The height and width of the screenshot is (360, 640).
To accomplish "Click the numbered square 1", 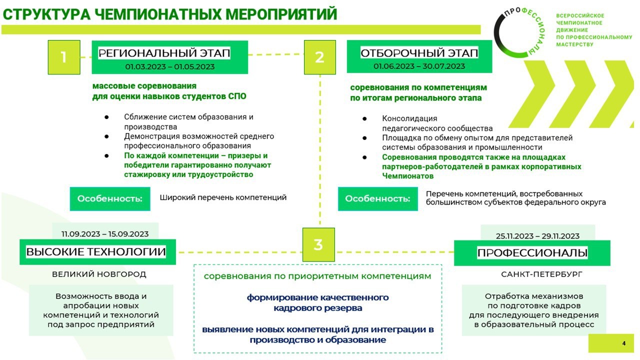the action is point(64,57).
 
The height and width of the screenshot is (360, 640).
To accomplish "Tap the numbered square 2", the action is point(319,57).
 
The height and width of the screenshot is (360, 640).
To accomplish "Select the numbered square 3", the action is point(318,244).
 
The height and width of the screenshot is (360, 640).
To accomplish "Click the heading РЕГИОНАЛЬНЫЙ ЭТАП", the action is point(164,53).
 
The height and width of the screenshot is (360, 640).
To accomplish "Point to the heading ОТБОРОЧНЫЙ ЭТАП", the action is point(419,53).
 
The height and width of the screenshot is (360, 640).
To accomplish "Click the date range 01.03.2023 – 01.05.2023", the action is point(169,66).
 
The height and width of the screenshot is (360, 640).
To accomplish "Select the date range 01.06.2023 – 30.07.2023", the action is point(419,66).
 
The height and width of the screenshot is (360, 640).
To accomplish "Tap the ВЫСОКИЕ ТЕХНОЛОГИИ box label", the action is point(96,251).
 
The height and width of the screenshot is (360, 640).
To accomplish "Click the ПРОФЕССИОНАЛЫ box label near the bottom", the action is point(532,252).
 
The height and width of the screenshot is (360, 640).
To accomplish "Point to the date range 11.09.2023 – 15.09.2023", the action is point(105,234).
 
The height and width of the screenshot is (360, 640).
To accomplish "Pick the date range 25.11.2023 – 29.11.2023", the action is point(537,236).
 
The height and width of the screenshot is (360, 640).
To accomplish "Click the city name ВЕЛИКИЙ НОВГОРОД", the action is point(99,274).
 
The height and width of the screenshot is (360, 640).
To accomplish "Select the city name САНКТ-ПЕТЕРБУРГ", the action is point(541,274).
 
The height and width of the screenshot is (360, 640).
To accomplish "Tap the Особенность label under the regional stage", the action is point(110,199).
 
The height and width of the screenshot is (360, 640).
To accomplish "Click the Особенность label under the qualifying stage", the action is point(377,199).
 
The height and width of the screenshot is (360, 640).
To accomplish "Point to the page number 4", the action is point(623,343).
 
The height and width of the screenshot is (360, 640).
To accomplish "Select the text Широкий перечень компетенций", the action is point(223,197).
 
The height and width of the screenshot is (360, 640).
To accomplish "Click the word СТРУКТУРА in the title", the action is point(46,14).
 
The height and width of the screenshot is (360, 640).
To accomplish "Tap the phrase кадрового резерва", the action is point(317,308).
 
